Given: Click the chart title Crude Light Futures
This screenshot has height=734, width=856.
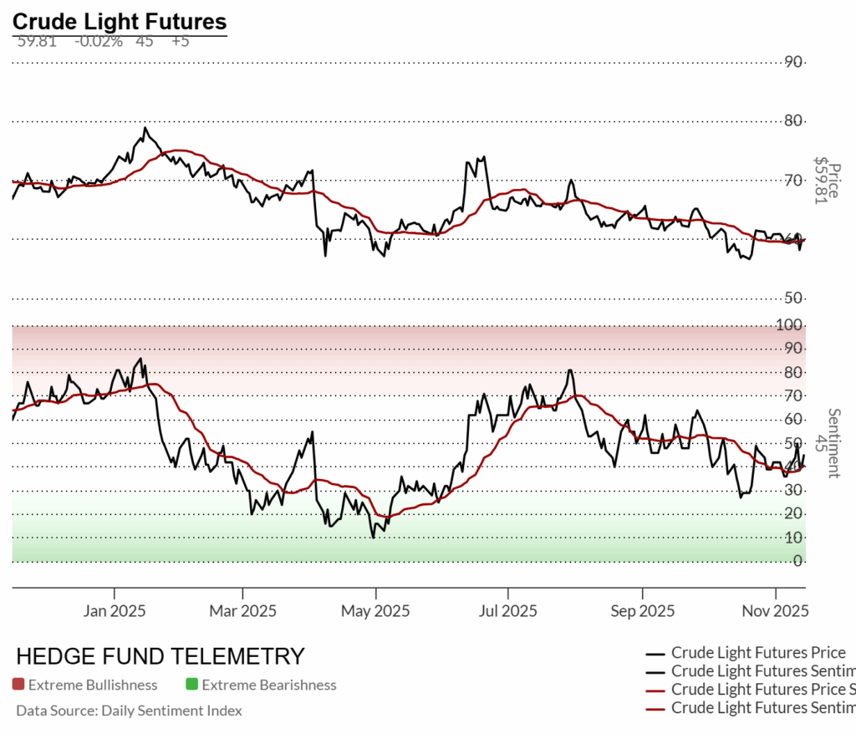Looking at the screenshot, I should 119,21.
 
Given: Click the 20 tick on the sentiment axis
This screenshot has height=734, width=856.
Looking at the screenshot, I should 797,513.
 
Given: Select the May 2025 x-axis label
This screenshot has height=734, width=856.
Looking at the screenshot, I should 376,611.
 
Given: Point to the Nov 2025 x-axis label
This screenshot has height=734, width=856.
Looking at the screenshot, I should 775,611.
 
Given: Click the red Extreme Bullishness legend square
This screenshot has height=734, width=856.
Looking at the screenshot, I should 18,685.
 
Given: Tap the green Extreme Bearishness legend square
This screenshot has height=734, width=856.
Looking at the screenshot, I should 191,685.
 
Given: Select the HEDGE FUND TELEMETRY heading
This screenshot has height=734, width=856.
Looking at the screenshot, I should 160,656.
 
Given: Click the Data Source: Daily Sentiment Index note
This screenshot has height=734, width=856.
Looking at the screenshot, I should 129,711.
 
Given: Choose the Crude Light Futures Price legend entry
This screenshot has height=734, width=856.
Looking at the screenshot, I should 758,653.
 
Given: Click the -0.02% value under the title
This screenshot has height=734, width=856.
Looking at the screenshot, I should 99,41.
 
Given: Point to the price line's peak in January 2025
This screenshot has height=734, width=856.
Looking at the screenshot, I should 145,128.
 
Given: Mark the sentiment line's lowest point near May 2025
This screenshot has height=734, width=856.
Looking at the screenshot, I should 373,537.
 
